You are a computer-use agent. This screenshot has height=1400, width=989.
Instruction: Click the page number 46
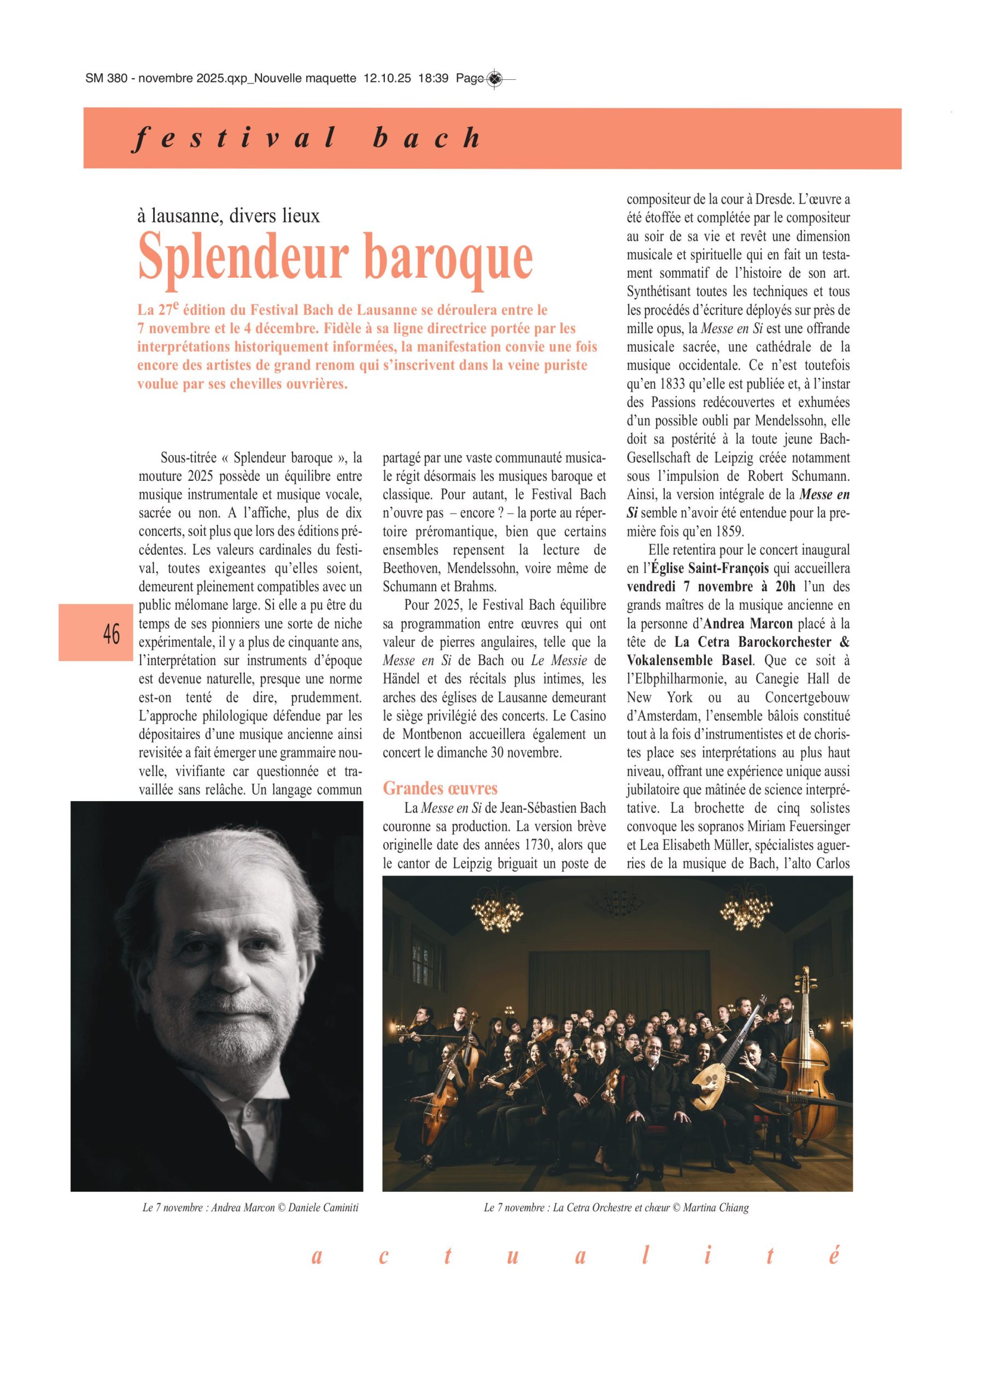[x=112, y=635]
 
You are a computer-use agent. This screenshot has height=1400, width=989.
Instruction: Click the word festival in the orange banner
[x=233, y=138]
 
